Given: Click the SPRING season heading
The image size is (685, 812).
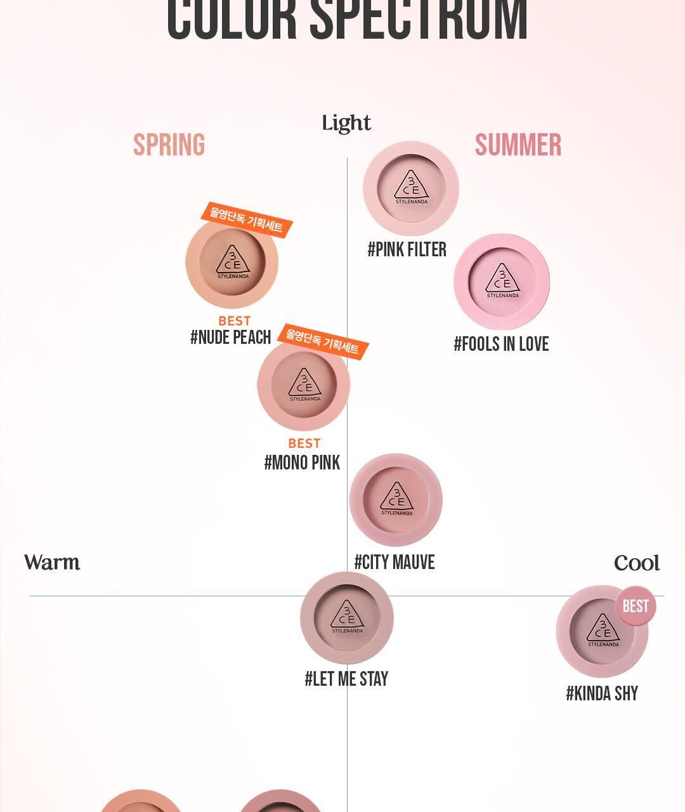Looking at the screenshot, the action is coord(169,145).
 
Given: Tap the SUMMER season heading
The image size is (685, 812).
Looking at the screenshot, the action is coord(518,145).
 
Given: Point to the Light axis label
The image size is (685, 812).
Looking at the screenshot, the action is coord(346,123).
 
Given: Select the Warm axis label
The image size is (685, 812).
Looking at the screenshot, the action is coord(52,563).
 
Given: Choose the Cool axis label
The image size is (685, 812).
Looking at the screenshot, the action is coord(637,563).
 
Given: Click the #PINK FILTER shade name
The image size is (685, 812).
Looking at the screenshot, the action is coord(407,250).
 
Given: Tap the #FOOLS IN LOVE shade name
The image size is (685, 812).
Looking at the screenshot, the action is coord(501,344).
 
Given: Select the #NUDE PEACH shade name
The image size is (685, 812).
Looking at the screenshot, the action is coord(231,337).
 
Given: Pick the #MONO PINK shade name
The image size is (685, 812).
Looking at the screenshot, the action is coord(302,463).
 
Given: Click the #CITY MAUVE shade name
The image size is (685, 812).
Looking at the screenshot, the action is coord(395,563).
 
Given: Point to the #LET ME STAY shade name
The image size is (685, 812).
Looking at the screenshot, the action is coord(346,679).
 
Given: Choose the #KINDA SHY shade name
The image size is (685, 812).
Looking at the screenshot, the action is coord(602,694).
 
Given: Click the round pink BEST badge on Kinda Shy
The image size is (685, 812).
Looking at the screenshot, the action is coord(636,606).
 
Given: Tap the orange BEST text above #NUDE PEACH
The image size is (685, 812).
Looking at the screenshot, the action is coord(235,321).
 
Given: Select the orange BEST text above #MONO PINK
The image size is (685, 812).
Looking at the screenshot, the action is coord(304,443).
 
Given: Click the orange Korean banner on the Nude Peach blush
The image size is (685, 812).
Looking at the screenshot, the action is coord(247,219).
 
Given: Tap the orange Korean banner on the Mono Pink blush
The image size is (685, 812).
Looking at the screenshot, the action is coord(323,342).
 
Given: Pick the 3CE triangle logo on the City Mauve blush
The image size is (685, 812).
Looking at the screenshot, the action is coord(396,497).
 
